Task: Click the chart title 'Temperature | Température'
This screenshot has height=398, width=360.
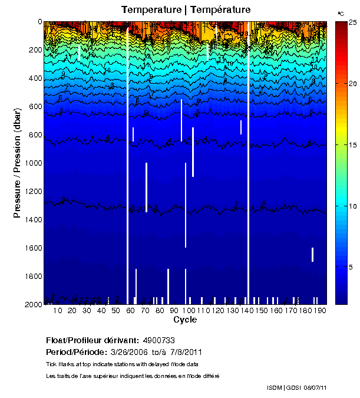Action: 186,10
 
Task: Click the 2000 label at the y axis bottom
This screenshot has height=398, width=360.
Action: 33,304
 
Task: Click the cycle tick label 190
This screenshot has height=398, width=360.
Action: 319,311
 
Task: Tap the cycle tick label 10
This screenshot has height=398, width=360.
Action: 58,311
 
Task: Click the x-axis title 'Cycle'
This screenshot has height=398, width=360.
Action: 185,320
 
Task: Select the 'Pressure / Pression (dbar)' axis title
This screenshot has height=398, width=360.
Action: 18,163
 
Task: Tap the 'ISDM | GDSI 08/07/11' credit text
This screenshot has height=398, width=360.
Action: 297,387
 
